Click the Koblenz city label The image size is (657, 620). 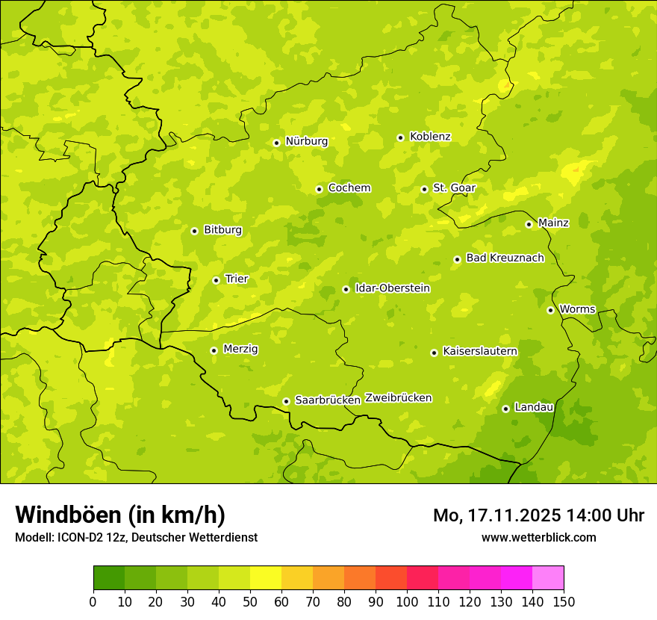click(430, 137)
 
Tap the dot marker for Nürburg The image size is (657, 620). click(276, 143)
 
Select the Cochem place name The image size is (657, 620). click(349, 188)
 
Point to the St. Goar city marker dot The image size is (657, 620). click(424, 189)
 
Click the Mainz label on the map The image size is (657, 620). click(553, 223)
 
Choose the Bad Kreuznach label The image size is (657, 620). click(505, 258)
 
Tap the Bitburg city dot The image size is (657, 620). click(194, 231)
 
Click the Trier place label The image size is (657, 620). click(237, 279)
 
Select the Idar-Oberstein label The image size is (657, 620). click(393, 288)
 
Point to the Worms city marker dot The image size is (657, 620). click(550, 310)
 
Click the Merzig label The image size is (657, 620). click(241, 349)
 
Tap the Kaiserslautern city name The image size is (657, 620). click(480, 351)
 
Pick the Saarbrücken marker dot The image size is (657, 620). click(286, 401)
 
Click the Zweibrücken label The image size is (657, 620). click(398, 398)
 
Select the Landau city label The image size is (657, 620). click(534, 407)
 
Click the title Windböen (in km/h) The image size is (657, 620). click(120, 515)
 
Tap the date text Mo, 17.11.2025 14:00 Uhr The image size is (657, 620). click(538, 515)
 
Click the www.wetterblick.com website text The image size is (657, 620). click(538, 537)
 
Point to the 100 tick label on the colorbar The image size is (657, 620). click(406, 602)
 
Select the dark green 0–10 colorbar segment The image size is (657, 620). click(109, 578)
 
